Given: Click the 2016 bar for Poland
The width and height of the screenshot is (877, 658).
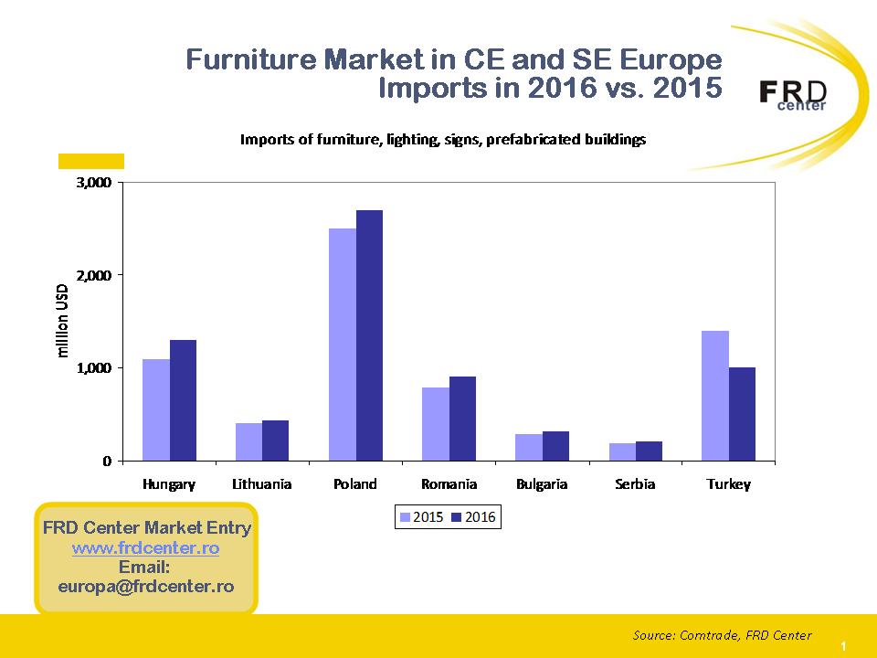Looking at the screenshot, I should (369, 335).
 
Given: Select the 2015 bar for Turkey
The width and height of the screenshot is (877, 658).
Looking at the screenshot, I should (714, 396).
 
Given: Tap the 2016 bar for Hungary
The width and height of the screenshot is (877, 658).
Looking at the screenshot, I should (183, 400).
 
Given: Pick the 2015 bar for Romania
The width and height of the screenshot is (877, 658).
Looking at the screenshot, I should (435, 424).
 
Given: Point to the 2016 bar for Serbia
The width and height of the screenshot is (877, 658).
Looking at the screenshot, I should (649, 451).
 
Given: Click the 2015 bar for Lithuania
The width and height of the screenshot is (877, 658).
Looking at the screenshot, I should (248, 442).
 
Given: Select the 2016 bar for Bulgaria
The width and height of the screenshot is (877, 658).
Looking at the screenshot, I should (555, 446).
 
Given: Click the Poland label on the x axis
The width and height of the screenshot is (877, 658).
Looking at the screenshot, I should (355, 484).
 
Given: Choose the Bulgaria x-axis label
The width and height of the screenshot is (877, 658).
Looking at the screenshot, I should (542, 484).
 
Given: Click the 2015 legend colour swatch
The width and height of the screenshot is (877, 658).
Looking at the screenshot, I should (405, 517).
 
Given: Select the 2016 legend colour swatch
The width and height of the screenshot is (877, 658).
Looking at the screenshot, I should (456, 517).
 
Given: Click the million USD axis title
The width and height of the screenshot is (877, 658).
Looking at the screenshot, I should (63, 321).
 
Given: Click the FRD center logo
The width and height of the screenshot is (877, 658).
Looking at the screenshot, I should (793, 94).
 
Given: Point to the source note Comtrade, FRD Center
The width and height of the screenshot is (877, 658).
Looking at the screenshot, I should (722, 635).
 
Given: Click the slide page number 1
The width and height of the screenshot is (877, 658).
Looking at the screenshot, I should (843, 646).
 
